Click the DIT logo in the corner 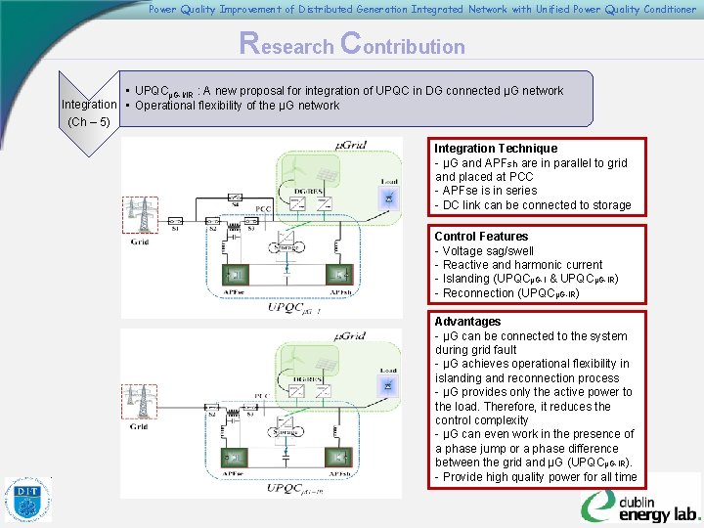tap(27, 500)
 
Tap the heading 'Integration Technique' tap(496, 149)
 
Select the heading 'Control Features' tap(481, 237)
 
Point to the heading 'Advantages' tap(467, 322)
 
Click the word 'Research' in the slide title tap(289, 45)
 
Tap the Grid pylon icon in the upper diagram tap(141, 215)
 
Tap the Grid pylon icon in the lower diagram tap(141, 406)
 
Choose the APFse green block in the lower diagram tap(234, 460)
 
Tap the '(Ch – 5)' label tap(90, 121)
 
